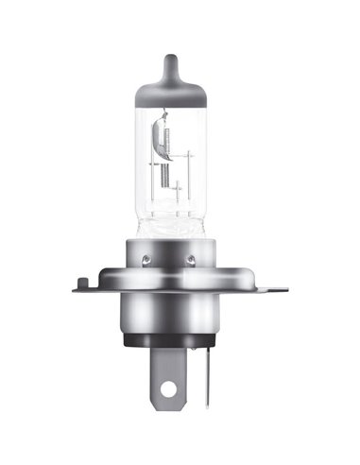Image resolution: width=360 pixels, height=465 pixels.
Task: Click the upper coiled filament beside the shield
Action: point(167,141)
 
